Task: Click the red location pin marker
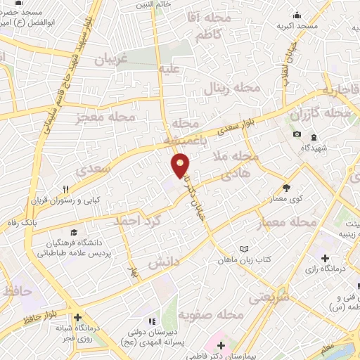point(181,165)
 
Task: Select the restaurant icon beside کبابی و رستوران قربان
point(65,188)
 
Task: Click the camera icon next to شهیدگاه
point(297,134)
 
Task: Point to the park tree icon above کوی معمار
point(285,187)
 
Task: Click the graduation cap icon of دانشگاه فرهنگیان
point(73,232)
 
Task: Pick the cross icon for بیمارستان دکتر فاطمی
point(221,345)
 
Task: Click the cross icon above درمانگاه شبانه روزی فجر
point(78,317)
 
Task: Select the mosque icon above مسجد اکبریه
point(296,15)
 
